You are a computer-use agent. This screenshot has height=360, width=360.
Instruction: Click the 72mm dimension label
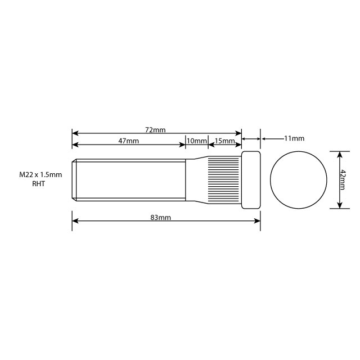tap(155, 130)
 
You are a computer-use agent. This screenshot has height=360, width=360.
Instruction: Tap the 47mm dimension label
tap(129, 141)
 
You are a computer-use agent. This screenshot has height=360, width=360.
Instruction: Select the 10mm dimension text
tap(197, 141)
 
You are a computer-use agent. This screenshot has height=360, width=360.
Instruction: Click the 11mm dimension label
tap(294, 138)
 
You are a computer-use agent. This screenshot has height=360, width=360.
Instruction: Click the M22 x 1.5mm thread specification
tap(40, 175)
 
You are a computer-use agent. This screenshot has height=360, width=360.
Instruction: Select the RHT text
tap(39, 184)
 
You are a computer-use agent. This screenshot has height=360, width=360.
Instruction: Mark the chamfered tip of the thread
tap(75, 180)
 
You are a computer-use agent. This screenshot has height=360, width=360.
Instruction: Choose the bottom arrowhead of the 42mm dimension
tap(339, 205)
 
